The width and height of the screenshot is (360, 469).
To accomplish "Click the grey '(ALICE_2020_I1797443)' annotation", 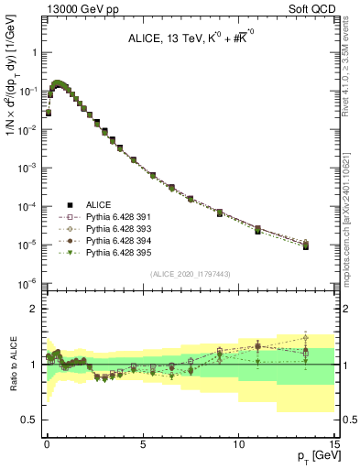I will pos(191,275).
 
